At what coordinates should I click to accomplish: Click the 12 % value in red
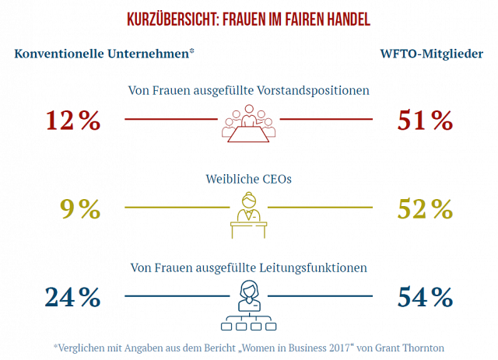pyautogui.click(x=73, y=121)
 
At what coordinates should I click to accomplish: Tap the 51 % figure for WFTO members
pyautogui.click(x=424, y=121)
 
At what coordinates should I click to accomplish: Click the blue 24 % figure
pyautogui.click(x=73, y=297)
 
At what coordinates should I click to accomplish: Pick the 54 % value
pyautogui.click(x=424, y=297)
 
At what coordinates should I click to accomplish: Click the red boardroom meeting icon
pyautogui.click(x=248, y=123)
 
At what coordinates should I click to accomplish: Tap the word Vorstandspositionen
pyautogui.click(x=314, y=90)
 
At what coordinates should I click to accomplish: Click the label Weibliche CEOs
pyautogui.click(x=248, y=179)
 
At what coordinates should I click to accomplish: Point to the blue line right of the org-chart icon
pyautogui.click(x=326, y=296)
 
